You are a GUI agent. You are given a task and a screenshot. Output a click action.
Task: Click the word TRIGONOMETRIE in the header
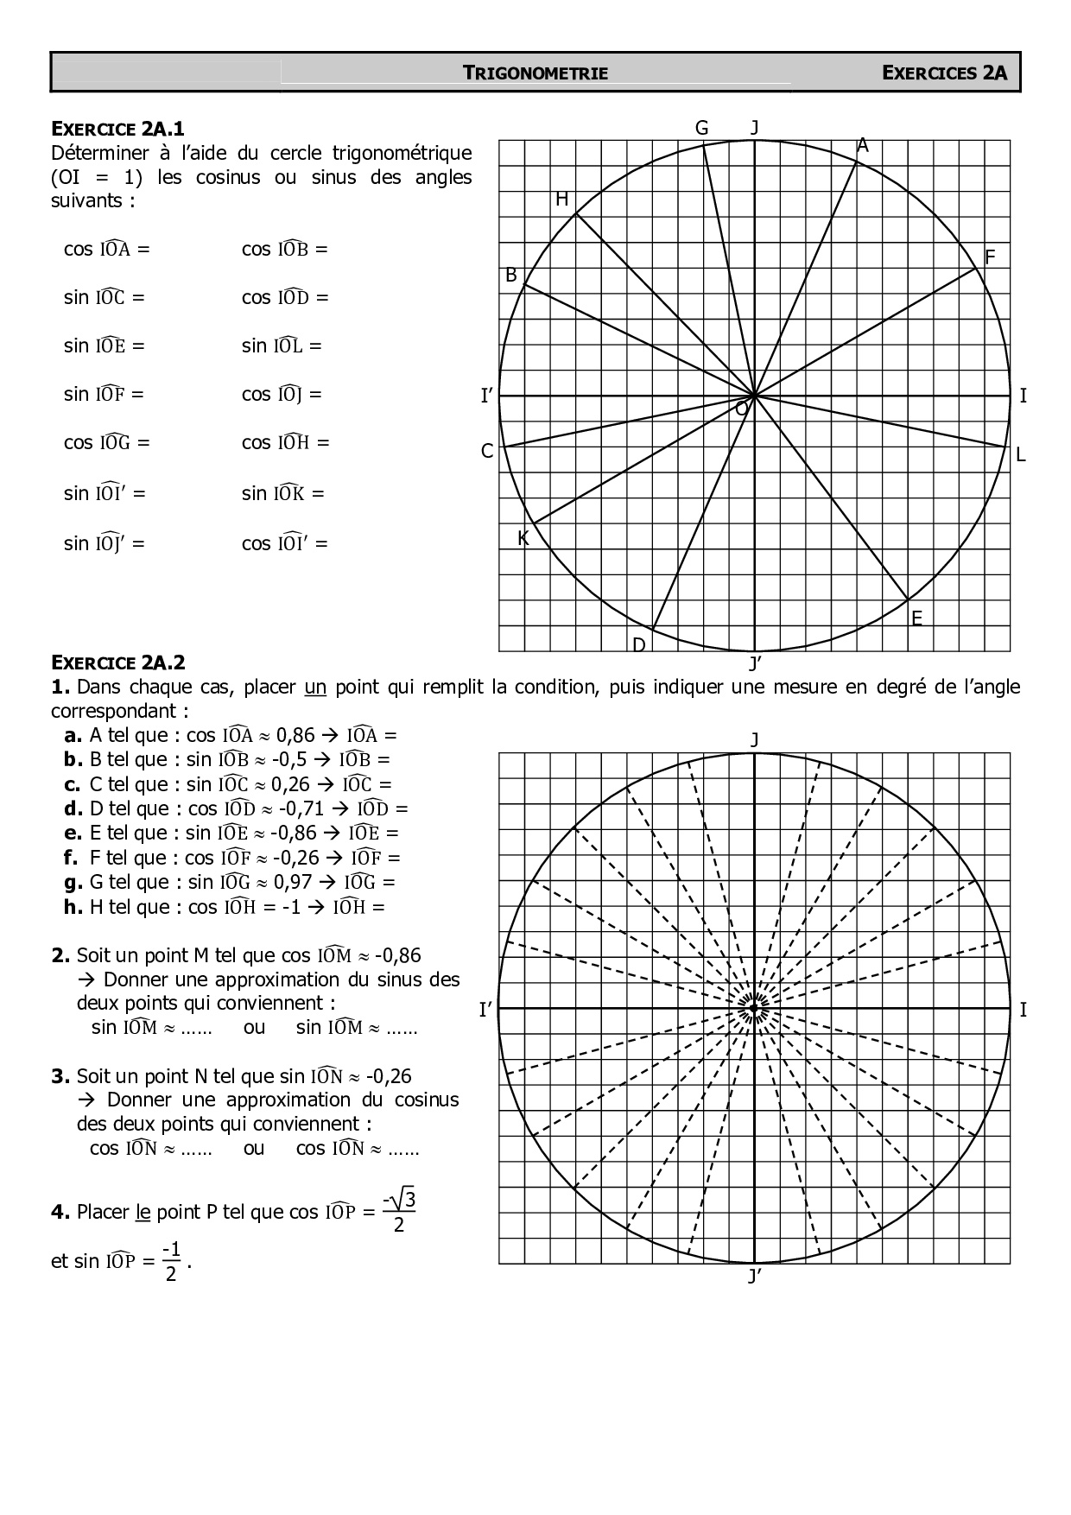pyautogui.click(x=535, y=73)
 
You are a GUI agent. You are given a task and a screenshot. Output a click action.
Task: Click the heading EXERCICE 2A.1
pyautogui.click(x=118, y=130)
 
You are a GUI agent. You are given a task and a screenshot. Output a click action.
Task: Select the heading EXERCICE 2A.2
pyautogui.click(x=118, y=662)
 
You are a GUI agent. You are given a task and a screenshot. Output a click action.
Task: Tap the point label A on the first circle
pyautogui.click(x=862, y=147)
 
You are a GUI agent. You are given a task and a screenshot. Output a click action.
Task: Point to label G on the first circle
pyautogui.click(x=701, y=128)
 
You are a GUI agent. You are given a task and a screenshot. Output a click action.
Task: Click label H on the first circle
pyautogui.click(x=561, y=200)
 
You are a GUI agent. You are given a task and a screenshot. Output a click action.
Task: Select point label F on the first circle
pyautogui.click(x=990, y=257)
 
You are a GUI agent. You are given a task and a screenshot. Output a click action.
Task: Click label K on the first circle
pyautogui.click(x=523, y=538)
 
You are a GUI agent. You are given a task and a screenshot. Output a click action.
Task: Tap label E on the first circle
pyautogui.click(x=916, y=618)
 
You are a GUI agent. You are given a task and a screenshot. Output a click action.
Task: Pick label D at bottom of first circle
pyautogui.click(x=639, y=645)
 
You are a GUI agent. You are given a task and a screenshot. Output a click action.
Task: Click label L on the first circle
pyautogui.click(x=1020, y=455)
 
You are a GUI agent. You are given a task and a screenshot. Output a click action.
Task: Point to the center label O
pyautogui.click(x=741, y=409)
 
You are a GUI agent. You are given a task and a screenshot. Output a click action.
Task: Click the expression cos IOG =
pyautogui.click(x=107, y=443)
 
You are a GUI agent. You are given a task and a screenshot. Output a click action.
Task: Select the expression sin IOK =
pyautogui.click(x=282, y=493)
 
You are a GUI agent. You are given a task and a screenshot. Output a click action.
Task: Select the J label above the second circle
pyautogui.click(x=754, y=740)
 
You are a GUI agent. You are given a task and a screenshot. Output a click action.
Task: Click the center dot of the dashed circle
pyautogui.click(x=754, y=1008)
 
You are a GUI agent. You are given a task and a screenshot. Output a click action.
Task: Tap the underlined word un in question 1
pyautogui.click(x=315, y=688)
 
